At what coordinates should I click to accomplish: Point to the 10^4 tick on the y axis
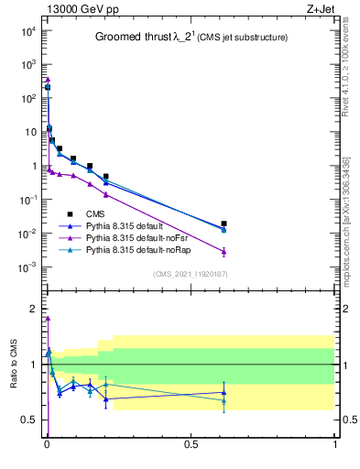pyautogui.click(x=28, y=30)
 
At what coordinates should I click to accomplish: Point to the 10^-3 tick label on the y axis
pyautogui.click(x=28, y=267)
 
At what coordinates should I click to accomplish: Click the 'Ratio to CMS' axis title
pyautogui.click(x=14, y=365)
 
